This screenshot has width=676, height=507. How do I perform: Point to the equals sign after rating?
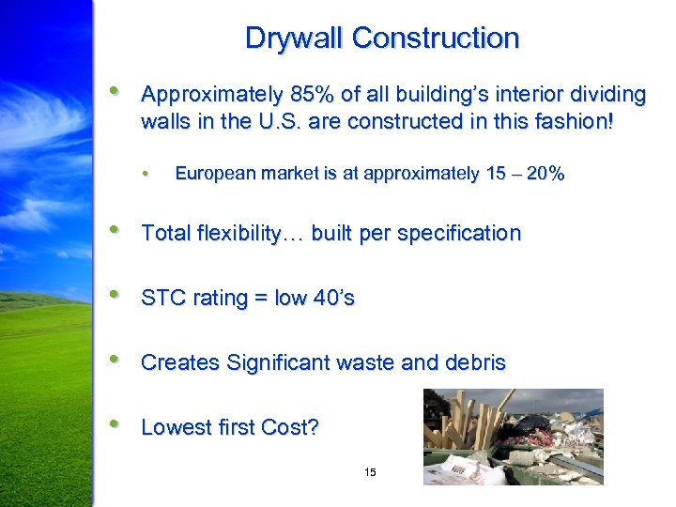[260, 300]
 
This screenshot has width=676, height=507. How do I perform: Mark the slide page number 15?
[370, 471]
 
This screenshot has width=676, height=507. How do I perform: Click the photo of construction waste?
[513, 437]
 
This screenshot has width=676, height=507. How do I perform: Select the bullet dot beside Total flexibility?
[114, 230]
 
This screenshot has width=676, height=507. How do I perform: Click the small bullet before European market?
[146, 174]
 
